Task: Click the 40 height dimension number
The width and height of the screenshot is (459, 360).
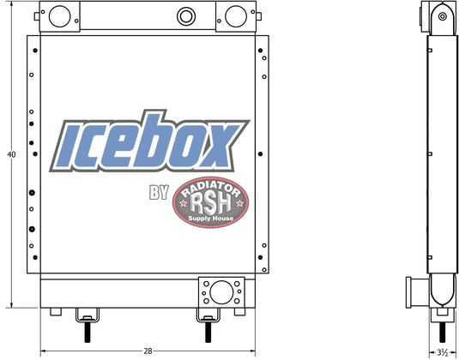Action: click(11, 154)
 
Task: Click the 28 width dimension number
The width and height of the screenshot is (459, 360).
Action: click(148, 351)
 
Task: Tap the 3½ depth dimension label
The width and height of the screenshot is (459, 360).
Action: click(443, 352)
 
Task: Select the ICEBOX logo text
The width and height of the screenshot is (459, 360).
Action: click(149, 141)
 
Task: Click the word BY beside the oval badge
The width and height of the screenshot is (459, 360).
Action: click(159, 193)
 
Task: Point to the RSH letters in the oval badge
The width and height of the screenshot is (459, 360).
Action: click(210, 203)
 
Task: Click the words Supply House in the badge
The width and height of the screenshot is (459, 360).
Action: click(211, 219)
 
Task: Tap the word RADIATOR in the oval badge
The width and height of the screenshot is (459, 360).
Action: click(210, 189)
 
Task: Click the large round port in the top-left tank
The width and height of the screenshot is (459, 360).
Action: click(60, 16)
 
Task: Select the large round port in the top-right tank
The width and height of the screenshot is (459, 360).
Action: click(236, 16)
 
